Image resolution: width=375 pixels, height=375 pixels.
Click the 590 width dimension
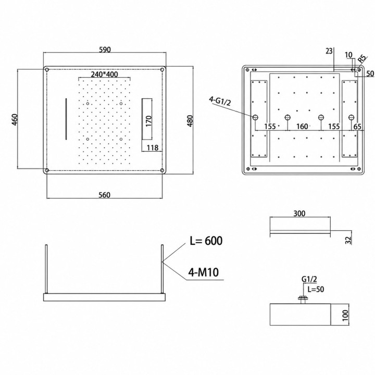coord(105,49)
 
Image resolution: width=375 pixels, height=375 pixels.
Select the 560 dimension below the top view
coord(105,195)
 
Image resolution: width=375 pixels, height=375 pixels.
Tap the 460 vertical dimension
coord(15,120)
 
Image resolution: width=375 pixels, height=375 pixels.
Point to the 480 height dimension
coord(190,121)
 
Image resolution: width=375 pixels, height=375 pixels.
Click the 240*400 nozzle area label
coord(104,74)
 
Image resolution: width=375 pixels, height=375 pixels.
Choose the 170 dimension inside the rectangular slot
coord(148,121)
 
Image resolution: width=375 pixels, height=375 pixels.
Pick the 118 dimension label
coord(153,147)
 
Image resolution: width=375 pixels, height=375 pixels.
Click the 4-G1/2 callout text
coord(220,101)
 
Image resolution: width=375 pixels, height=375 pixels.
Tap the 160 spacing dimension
coord(302,126)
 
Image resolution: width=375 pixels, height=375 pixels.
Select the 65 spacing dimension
coord(357,126)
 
